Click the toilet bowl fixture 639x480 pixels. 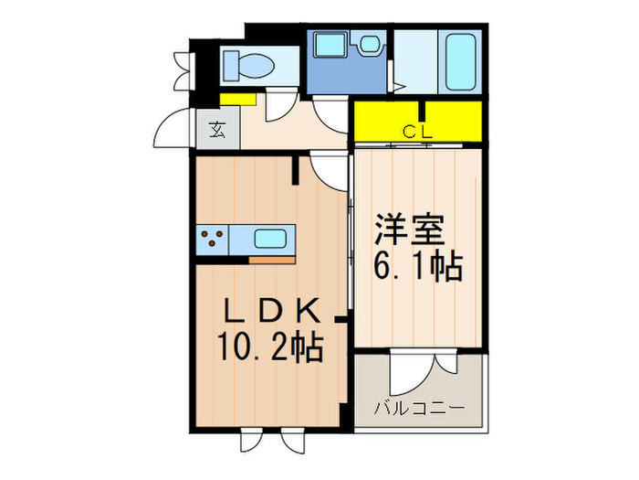coord(248,64)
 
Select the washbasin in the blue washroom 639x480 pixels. coord(371,44)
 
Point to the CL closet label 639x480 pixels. coord(417,131)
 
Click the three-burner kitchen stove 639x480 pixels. coord(213,240)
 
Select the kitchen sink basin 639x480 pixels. coord(271,240)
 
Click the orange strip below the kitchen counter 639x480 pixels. coord(271,260)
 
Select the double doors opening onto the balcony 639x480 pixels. coord(420,368)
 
